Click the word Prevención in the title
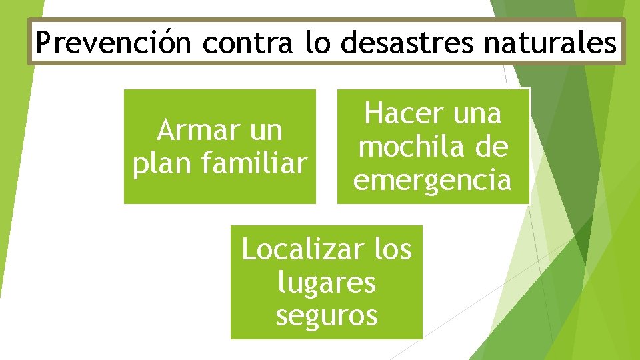coord(114,43)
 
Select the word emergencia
coord(433,180)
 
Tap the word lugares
coord(327,283)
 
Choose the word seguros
coord(327,315)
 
